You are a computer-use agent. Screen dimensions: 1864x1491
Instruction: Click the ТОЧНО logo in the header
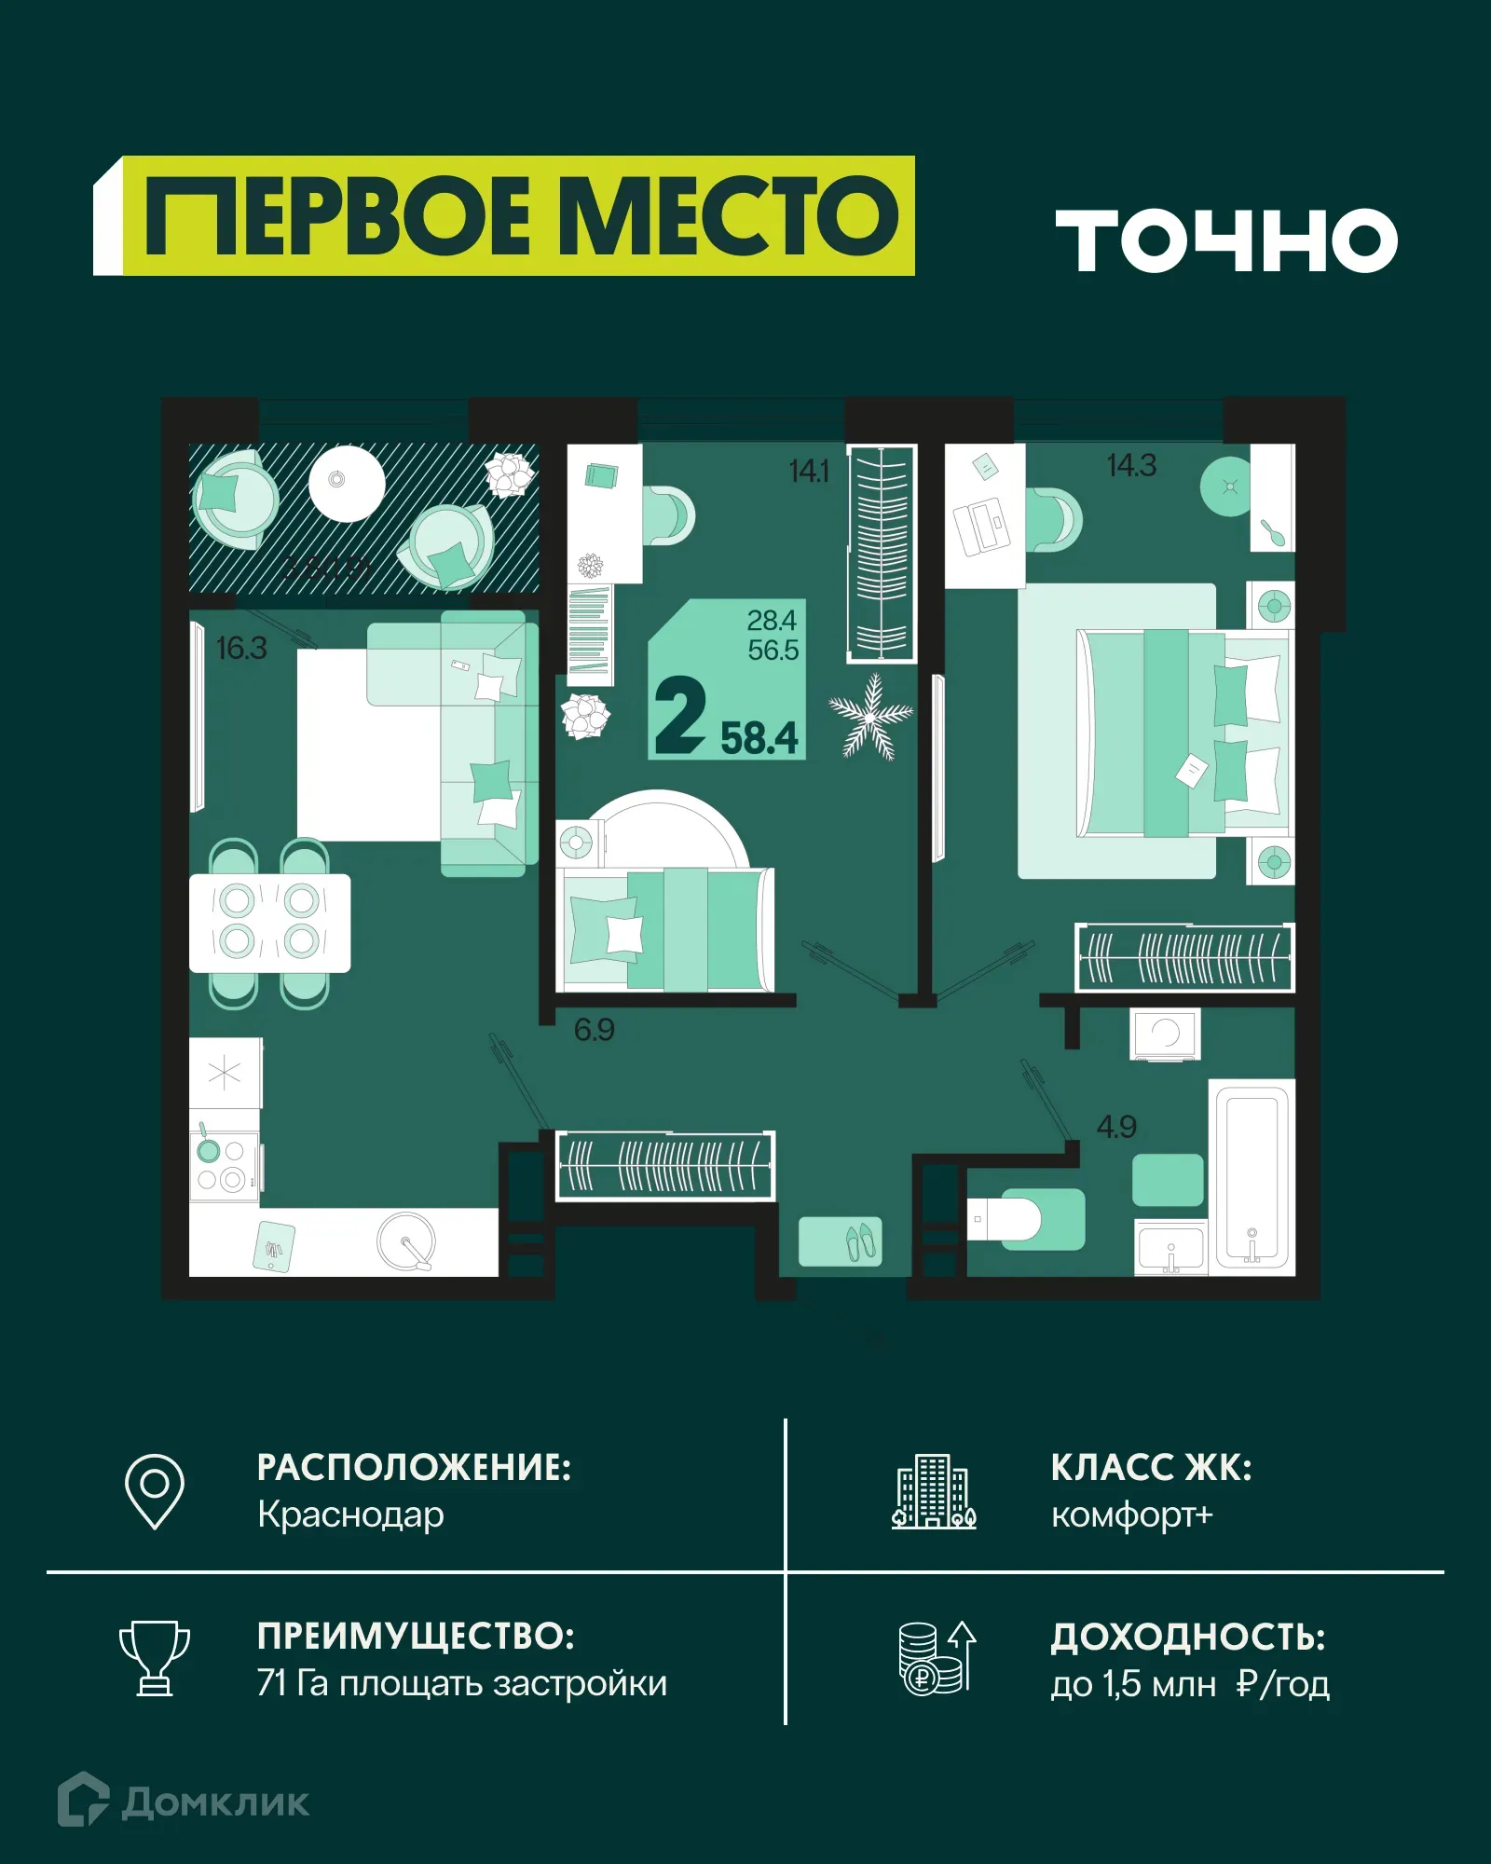[1225, 240]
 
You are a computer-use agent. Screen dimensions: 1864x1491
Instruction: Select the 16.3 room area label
[241, 648]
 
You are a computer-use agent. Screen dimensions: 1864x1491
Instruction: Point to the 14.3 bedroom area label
[1131, 465]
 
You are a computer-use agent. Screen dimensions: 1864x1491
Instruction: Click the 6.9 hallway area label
[594, 1029]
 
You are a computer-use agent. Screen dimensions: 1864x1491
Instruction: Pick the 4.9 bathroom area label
[1116, 1127]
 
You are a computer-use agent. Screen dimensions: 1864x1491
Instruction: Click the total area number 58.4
[759, 738]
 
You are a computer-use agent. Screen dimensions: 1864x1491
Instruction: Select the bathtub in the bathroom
[1252, 1177]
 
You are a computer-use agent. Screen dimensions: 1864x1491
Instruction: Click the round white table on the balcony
[347, 483]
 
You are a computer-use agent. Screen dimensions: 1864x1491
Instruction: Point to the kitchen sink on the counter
[406, 1241]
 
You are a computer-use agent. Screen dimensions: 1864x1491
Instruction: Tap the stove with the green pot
[224, 1165]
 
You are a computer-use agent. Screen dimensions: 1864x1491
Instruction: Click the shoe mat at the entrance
[839, 1240]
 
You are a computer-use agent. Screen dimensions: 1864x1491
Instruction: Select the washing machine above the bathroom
[1165, 1034]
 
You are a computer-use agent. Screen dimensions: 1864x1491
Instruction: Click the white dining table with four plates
[269, 923]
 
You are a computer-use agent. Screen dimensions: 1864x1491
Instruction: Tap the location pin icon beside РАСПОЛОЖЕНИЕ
[155, 1490]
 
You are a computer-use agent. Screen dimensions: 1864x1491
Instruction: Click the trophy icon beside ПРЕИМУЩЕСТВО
[155, 1658]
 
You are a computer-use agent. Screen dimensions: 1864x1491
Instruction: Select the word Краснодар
[350, 1514]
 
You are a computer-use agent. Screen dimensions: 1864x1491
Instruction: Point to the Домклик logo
[184, 1801]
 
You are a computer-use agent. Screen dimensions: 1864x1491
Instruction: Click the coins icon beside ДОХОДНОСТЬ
[936, 1658]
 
